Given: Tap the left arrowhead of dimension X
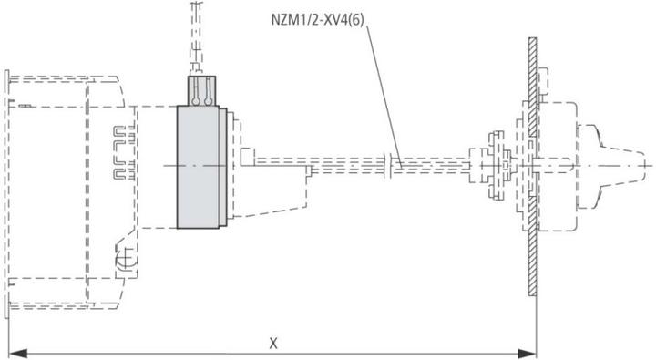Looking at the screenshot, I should [x=15, y=351].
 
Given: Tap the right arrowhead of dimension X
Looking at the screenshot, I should [x=529, y=351].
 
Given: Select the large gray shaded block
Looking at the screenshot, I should [x=199, y=166].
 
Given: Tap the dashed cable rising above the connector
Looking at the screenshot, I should [x=193, y=36].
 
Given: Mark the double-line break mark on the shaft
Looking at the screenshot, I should [x=392, y=164].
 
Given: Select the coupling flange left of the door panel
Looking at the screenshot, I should [x=493, y=165].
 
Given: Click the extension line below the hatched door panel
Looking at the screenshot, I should [x=536, y=324].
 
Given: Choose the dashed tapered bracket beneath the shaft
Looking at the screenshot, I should [x=273, y=205].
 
